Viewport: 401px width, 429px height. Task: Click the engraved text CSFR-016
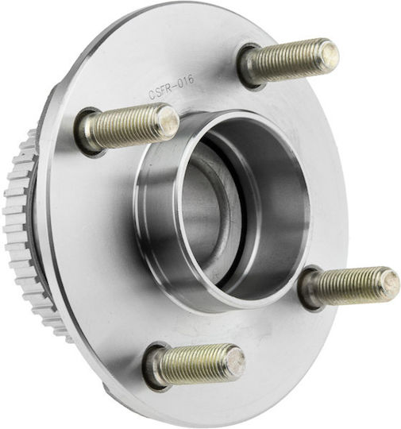coord(172,87)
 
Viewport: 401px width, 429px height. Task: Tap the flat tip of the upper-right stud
coord(329,55)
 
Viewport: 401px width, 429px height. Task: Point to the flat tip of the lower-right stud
coord(390,283)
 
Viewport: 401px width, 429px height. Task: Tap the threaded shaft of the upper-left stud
coord(125,126)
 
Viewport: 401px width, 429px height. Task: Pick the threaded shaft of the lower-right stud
coord(347,286)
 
